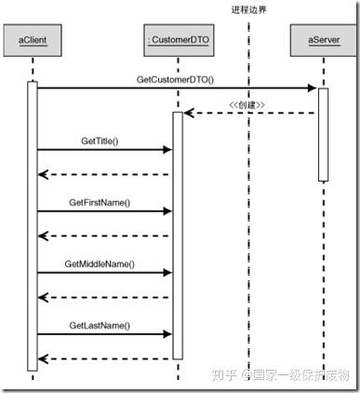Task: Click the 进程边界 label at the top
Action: click(x=249, y=9)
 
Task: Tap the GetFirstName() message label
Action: click(x=100, y=202)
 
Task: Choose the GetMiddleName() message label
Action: click(x=100, y=264)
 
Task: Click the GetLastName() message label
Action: click(x=100, y=326)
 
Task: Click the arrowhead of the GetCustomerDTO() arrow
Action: click(x=313, y=88)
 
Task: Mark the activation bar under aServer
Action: click(x=323, y=134)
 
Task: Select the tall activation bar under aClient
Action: click(x=33, y=224)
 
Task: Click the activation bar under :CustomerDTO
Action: click(x=177, y=233)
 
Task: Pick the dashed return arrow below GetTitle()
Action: click(x=102, y=174)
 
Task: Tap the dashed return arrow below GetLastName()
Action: click(x=102, y=359)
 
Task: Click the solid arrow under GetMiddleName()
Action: click(x=102, y=273)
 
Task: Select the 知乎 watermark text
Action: click(x=225, y=374)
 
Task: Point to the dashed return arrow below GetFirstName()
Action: click(x=102, y=236)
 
